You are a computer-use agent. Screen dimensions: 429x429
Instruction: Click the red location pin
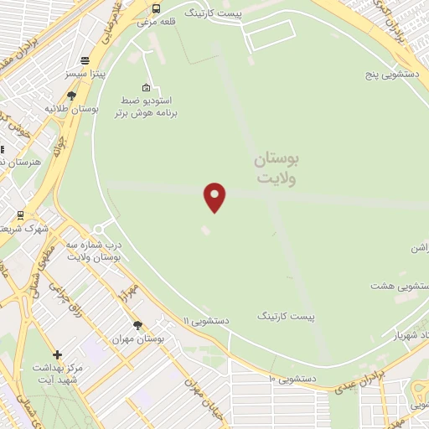coord(215,196)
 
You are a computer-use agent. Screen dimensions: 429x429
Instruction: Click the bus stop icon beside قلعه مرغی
coord(156,9)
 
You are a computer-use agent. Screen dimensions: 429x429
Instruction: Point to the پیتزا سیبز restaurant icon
coord(85,59)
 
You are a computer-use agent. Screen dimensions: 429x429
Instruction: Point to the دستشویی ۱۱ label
coord(205,320)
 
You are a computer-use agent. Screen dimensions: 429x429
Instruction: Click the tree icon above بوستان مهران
coord(137,325)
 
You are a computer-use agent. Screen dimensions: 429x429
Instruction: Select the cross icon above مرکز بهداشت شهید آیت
coord(57,354)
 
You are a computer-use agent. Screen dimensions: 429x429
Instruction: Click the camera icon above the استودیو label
coord(147,88)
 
